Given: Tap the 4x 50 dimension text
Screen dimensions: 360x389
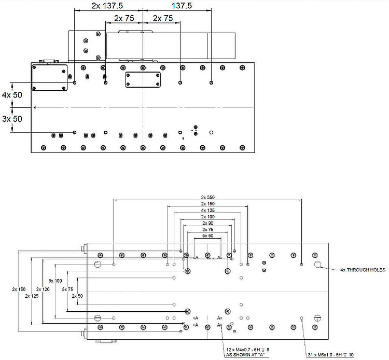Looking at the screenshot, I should pos(12,95).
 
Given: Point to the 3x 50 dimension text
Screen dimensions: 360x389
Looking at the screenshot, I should pos(12,119).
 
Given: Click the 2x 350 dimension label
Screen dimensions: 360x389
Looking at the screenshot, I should pos(207,197).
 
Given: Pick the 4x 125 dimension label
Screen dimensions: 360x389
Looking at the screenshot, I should pos(207,210).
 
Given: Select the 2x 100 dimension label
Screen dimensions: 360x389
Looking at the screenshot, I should pos(207,216).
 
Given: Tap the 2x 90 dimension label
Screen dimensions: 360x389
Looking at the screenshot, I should pos(207,223).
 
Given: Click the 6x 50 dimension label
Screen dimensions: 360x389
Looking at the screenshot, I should pos(207,236).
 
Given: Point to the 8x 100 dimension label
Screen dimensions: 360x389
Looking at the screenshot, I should pos(55,280).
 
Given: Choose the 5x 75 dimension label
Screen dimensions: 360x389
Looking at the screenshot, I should pos(66,288).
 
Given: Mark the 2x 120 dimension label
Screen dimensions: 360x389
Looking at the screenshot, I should pos(43,288).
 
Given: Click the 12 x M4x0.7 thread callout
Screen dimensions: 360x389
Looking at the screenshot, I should pos(247,350).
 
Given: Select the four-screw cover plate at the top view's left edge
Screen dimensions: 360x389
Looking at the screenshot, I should pos(49,78).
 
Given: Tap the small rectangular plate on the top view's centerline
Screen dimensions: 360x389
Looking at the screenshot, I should pos(143,79).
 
